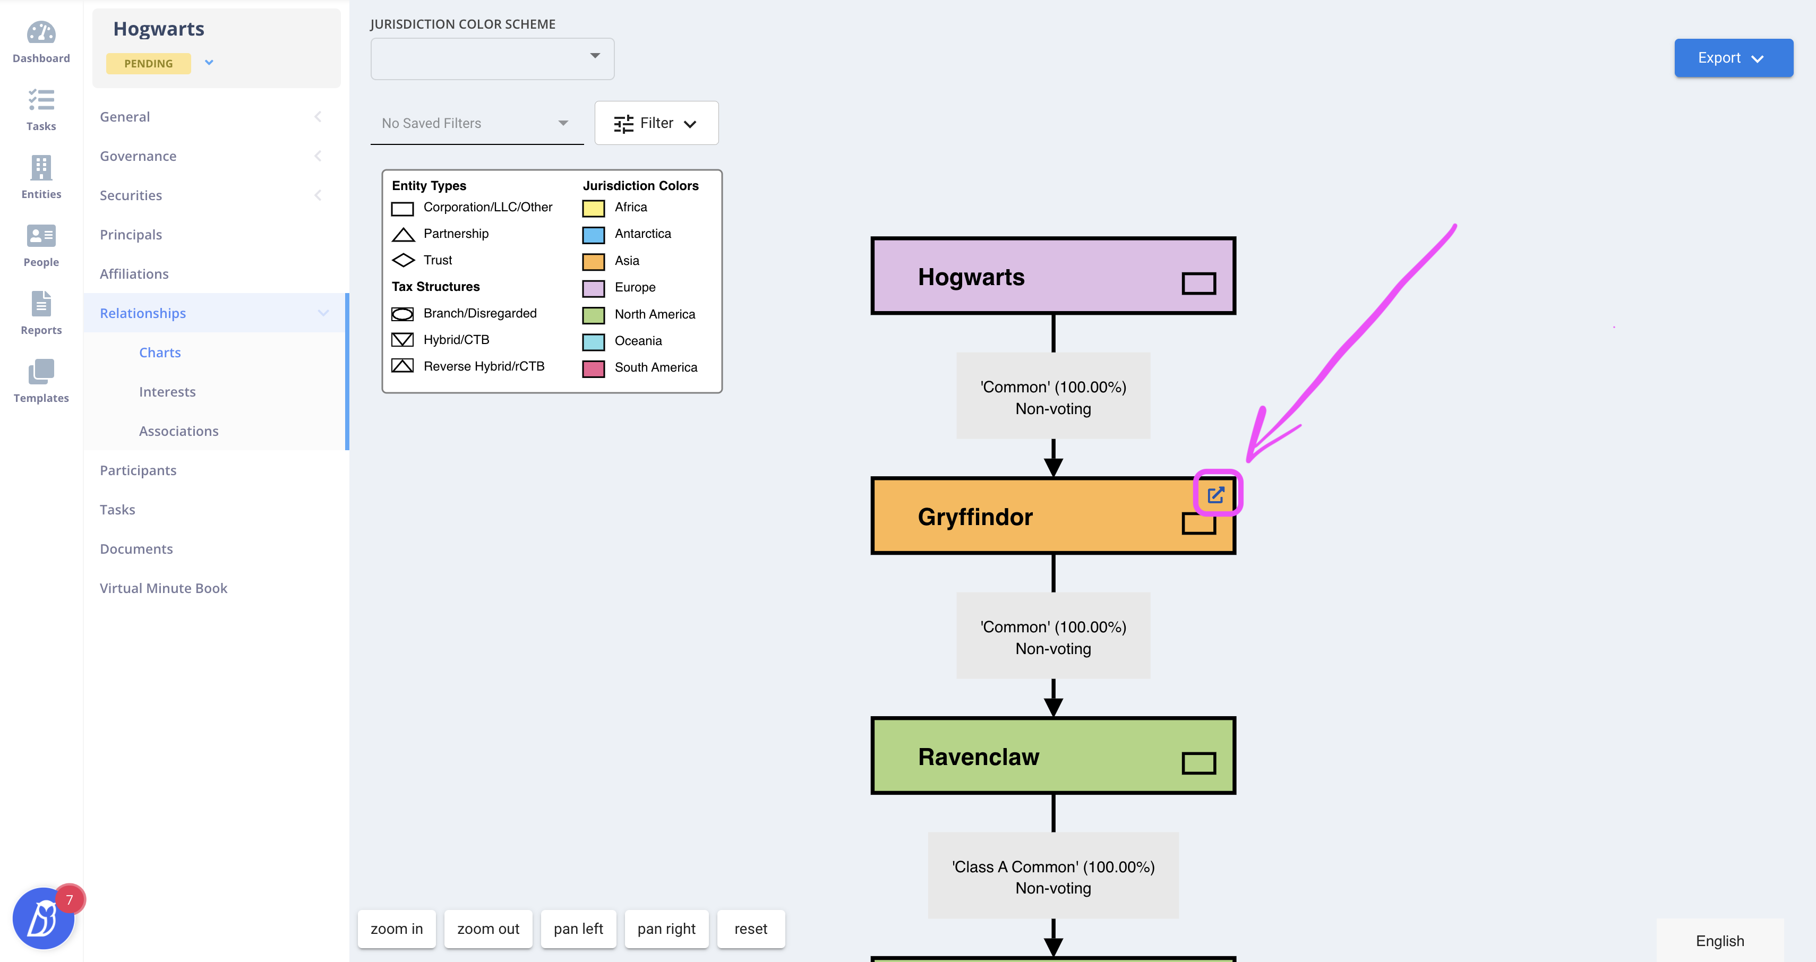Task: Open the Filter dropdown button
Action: [656, 123]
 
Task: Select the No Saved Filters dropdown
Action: [476, 123]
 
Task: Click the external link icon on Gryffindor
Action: [1216, 495]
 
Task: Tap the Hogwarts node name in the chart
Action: [971, 277]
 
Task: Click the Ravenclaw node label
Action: [979, 757]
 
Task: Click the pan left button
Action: [578, 929]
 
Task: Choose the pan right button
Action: [666, 929]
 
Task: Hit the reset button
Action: [751, 929]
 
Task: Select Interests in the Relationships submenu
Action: [167, 392]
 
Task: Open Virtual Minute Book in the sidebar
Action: [164, 588]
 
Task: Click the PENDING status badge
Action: [148, 63]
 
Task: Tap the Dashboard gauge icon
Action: [41, 32]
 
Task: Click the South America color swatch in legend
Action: [594, 368]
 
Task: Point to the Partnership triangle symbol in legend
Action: [403, 235]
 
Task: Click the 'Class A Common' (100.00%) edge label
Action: [1053, 867]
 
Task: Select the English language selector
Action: [1720, 941]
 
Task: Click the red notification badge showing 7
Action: [70, 900]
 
